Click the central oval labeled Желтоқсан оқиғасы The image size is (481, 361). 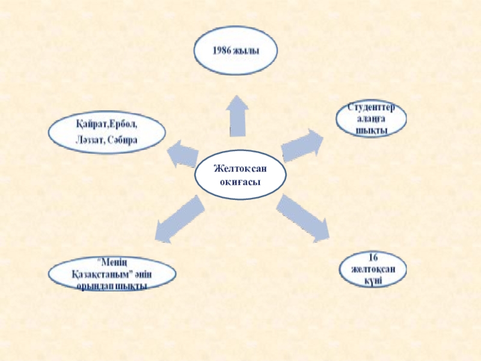pos(240,173)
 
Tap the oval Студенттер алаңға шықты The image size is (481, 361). pos(371,119)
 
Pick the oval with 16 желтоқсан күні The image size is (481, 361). pos(373,269)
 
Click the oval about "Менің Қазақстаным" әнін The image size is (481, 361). pos(113,275)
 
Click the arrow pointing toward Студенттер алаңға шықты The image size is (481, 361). pos(302,145)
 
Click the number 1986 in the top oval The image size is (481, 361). pos(221,51)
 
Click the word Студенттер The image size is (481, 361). pos(372,108)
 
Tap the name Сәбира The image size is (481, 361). pos(124,140)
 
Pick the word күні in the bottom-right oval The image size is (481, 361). pos(373,281)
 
